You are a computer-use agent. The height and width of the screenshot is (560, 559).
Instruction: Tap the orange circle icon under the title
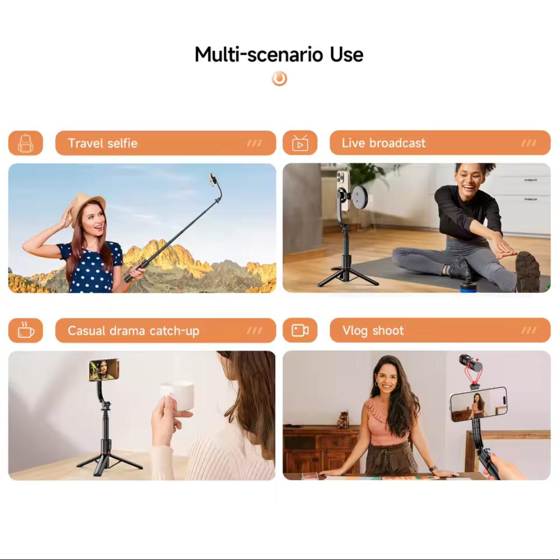coord(279,79)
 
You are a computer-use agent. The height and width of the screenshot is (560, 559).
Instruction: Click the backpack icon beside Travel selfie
coord(26,143)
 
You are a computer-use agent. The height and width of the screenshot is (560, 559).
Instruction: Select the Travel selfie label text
coord(103,143)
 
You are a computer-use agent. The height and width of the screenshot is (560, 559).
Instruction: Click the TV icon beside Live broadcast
coord(300,143)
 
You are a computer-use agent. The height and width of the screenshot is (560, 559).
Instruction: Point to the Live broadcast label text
coord(383,143)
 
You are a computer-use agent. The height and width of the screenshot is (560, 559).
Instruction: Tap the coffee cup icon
coord(26,330)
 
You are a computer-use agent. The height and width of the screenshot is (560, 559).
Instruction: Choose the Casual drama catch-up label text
coord(134,331)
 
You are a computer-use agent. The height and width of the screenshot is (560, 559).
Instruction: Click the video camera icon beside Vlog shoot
coord(300,330)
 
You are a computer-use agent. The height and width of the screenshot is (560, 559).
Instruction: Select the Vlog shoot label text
coord(373,331)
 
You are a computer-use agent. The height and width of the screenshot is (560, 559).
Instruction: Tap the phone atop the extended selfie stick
coord(213,181)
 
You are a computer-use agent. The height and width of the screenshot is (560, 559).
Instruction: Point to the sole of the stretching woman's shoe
coord(527,271)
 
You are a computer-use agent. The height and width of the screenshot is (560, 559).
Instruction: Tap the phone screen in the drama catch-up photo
coord(104,370)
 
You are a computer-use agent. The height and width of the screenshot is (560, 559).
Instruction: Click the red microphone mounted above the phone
coord(471,364)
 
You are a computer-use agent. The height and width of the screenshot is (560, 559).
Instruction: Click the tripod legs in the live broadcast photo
coord(347,277)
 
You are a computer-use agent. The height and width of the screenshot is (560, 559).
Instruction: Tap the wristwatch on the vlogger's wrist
coord(433,468)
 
